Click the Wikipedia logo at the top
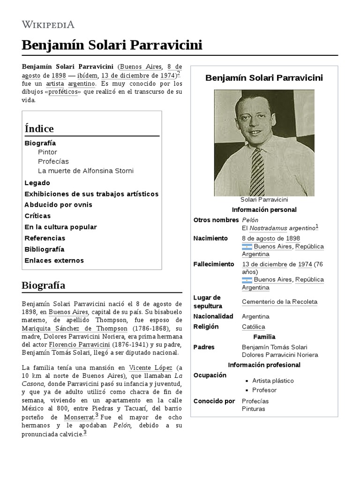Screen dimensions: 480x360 (x=48, y=24)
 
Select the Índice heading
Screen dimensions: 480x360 (x=39, y=128)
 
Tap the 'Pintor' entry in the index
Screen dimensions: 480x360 (x=47, y=152)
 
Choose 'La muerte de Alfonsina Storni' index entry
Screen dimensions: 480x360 (x=85, y=171)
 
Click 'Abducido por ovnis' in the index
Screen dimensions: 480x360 (x=58, y=205)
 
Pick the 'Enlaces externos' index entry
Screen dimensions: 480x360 (x=54, y=261)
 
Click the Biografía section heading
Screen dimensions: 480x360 (x=43, y=285)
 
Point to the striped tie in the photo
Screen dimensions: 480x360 (x=257, y=172)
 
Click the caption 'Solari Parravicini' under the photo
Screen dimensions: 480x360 (x=264, y=200)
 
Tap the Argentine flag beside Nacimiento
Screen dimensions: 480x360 (x=247, y=247)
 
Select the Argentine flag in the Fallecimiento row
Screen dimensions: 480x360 (x=247, y=280)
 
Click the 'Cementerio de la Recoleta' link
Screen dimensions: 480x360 (x=279, y=302)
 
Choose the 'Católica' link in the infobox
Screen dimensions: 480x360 (x=253, y=327)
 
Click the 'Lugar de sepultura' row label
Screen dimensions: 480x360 (x=207, y=302)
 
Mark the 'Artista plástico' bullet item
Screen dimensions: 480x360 (x=273, y=381)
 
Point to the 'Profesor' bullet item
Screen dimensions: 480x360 (x=264, y=390)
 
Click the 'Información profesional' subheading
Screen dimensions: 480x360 (x=264, y=365)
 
